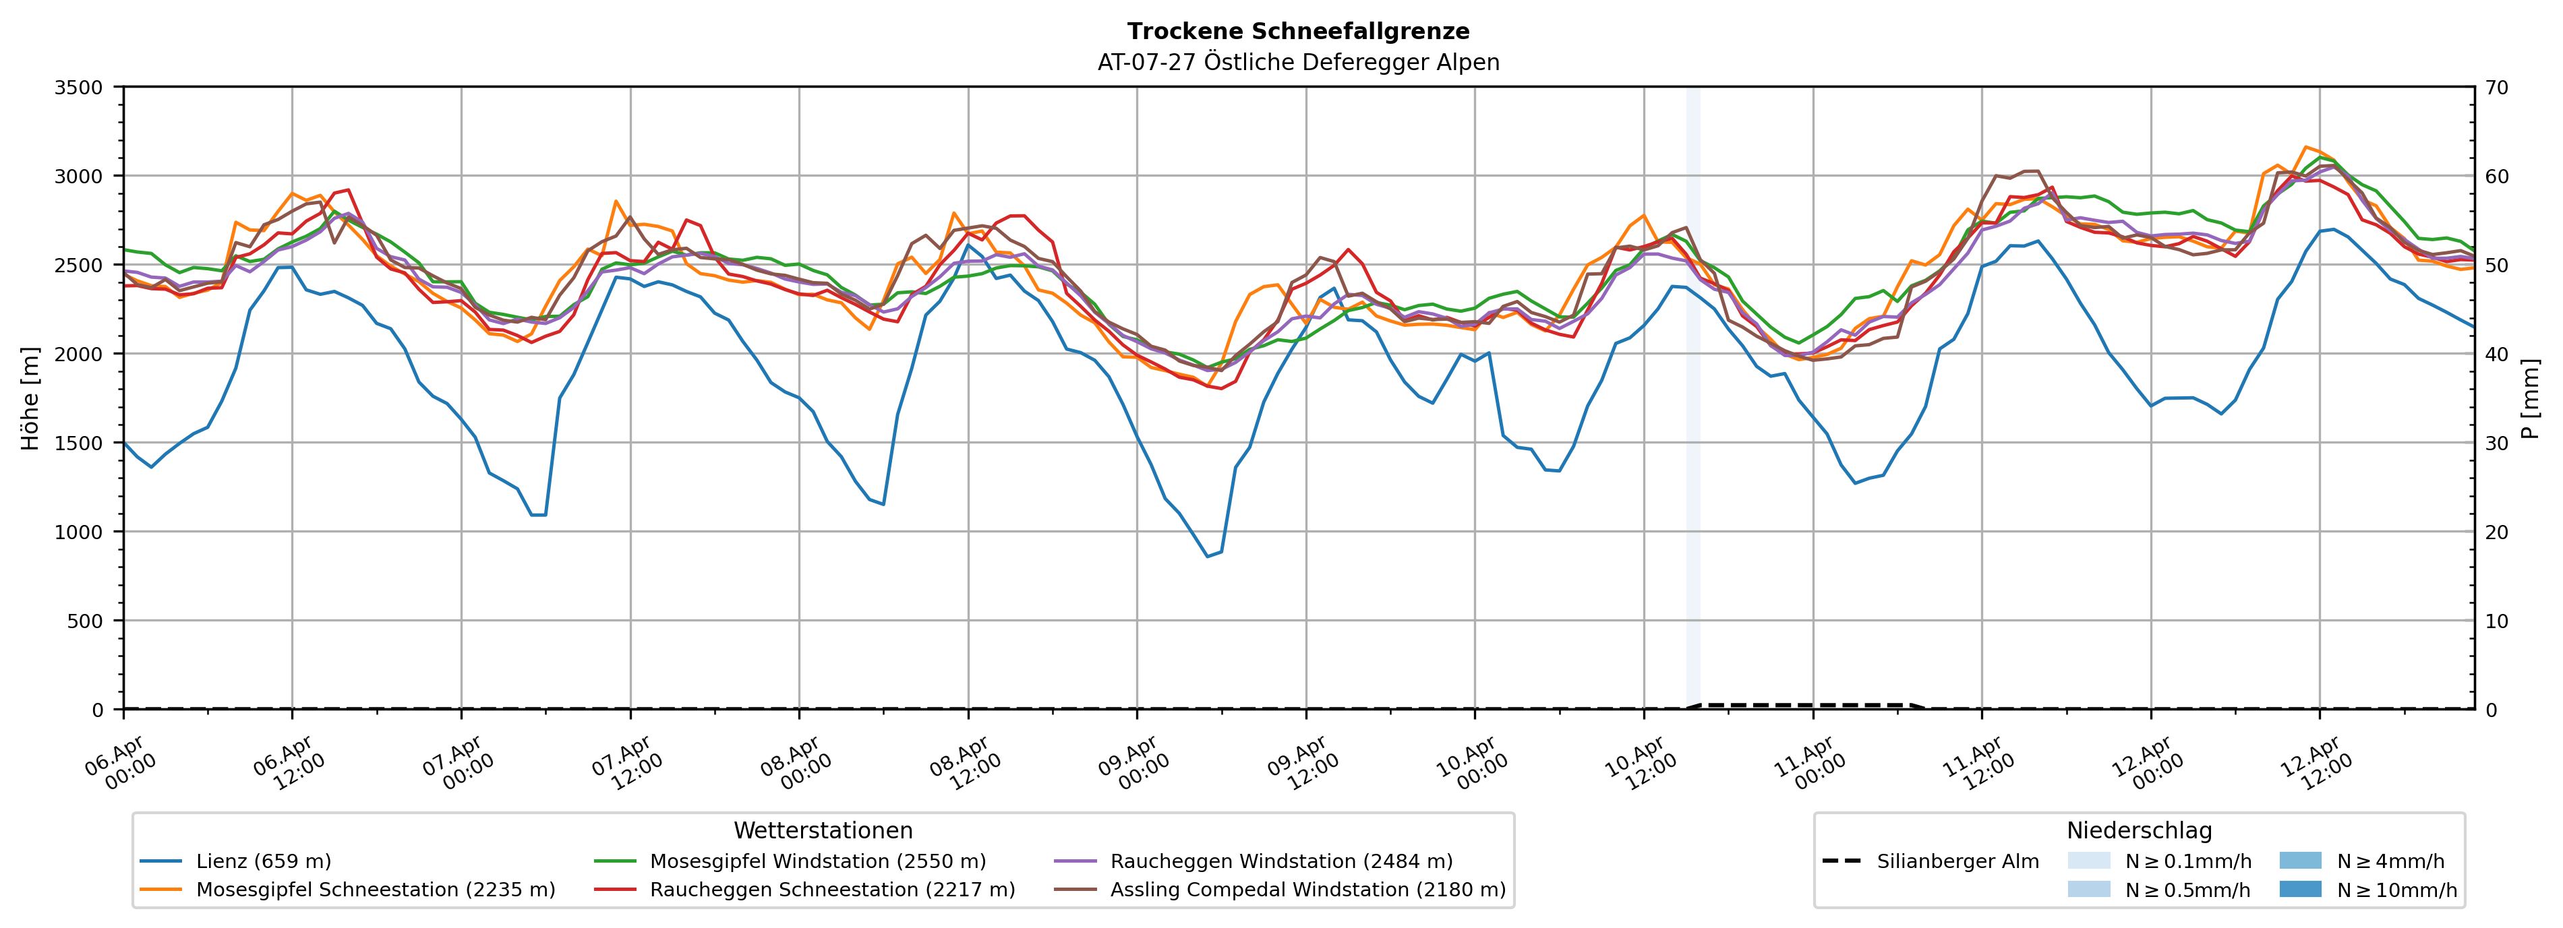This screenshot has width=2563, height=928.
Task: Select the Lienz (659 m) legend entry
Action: pos(264,861)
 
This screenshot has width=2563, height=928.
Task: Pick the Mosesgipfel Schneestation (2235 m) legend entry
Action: pos(375,889)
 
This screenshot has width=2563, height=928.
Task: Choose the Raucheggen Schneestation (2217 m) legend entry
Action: pos(832,889)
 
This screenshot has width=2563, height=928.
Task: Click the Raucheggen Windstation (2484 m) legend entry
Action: pos(1280,861)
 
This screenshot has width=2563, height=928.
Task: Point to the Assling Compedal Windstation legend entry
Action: pos(1307,889)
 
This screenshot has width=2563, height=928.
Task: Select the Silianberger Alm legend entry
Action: pos(1957,861)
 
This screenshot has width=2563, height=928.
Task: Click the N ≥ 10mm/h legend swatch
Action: pos(2300,889)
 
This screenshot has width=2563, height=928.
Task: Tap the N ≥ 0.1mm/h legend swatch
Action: pos(2088,861)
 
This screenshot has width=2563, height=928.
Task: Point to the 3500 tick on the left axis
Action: pos(79,88)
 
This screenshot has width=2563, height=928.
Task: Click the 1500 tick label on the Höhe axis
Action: pos(79,443)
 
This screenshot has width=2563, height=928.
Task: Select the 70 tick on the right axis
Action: pos(2498,88)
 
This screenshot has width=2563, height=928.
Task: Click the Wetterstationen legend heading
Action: pos(823,830)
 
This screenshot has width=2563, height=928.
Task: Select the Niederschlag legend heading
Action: pos(2139,830)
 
